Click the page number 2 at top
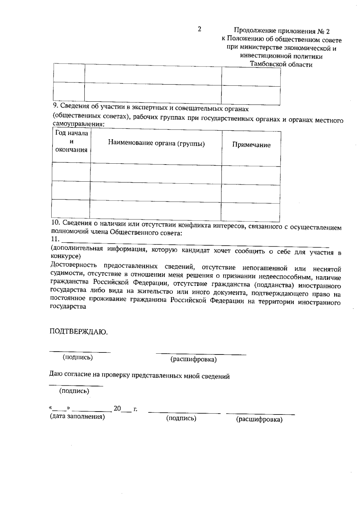(199, 29)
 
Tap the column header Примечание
(251, 145)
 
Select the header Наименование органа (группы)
(156, 144)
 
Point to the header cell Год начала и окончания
(71, 141)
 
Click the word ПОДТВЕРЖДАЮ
(78, 331)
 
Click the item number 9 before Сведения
(55, 105)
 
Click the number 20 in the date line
(117, 408)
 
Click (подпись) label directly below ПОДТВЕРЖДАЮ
(77, 357)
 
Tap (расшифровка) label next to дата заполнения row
(259, 420)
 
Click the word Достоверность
(74, 265)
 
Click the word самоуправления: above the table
(78, 124)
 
